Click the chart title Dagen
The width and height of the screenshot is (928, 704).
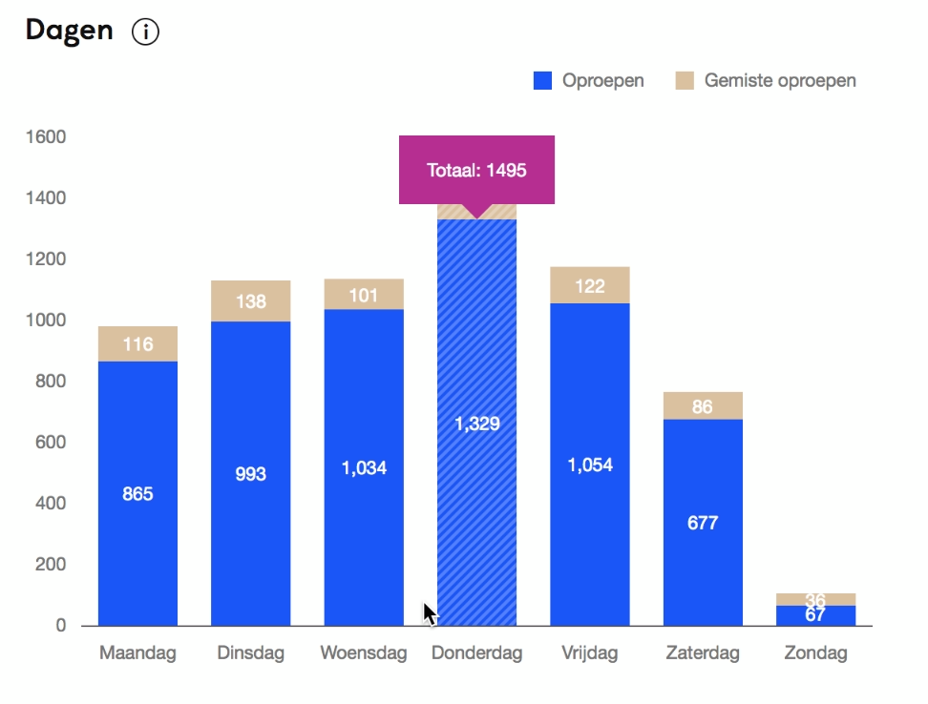(69, 31)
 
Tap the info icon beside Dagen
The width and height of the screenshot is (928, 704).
(145, 32)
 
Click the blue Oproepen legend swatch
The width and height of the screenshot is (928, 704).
(542, 81)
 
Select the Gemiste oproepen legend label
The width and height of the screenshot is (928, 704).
(780, 81)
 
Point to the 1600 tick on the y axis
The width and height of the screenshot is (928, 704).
(47, 137)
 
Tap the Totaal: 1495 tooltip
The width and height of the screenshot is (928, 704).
(476, 171)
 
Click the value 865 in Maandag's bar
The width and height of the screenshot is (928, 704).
(137, 494)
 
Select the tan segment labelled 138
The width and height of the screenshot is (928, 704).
(250, 300)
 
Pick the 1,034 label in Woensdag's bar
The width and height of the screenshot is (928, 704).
(363, 468)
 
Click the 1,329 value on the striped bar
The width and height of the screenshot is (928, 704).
(476, 424)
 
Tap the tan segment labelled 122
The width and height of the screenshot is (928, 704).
(589, 285)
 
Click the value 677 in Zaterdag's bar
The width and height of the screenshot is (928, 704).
(702, 523)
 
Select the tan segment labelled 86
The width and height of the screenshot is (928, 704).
(702, 406)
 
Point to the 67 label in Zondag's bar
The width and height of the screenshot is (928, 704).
(814, 615)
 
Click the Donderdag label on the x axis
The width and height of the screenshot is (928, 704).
(476, 653)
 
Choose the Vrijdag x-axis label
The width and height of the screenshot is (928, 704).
(589, 653)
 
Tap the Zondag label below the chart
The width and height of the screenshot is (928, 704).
(814, 653)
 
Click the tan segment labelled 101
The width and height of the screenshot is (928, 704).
(363, 294)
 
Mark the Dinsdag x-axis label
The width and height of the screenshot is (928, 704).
(250, 653)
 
